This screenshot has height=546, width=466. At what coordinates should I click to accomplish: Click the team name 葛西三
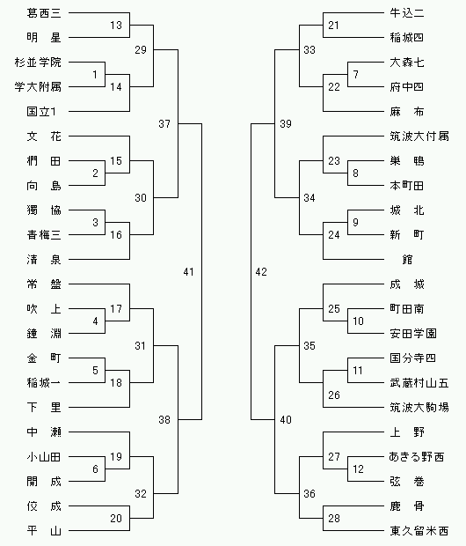coord(44,13)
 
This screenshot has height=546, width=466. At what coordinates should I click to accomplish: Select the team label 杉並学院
coord(38,63)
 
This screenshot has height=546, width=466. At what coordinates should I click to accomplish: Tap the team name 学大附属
coord(38,87)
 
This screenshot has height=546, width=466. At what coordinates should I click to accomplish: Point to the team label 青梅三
coord(44,235)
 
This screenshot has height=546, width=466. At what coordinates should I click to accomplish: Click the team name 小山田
coord(44,457)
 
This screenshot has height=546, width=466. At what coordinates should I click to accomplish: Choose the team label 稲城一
coord(44,383)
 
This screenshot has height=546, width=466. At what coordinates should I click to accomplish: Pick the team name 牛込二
coord(407,13)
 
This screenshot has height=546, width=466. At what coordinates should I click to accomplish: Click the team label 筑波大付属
coord(419,136)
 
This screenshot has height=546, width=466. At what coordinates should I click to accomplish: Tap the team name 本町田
coord(407,186)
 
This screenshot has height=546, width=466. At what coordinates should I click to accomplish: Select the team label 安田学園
coord(413,334)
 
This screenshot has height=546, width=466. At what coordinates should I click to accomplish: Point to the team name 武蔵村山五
coord(419,383)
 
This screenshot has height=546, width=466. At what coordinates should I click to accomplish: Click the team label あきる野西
coord(417,457)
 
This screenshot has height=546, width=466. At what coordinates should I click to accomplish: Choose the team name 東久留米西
coord(419,531)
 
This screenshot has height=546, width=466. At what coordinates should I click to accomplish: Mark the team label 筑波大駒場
coord(419,408)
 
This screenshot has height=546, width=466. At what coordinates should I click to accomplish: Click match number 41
coord(188,272)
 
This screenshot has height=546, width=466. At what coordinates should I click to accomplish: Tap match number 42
coord(261,272)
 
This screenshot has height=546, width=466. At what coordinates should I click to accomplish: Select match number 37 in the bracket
coord(164,124)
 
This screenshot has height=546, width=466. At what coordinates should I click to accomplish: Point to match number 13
coord(116,26)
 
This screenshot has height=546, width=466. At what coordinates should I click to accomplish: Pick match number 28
coord(334,519)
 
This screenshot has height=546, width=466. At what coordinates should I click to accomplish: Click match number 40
coord(286,420)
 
